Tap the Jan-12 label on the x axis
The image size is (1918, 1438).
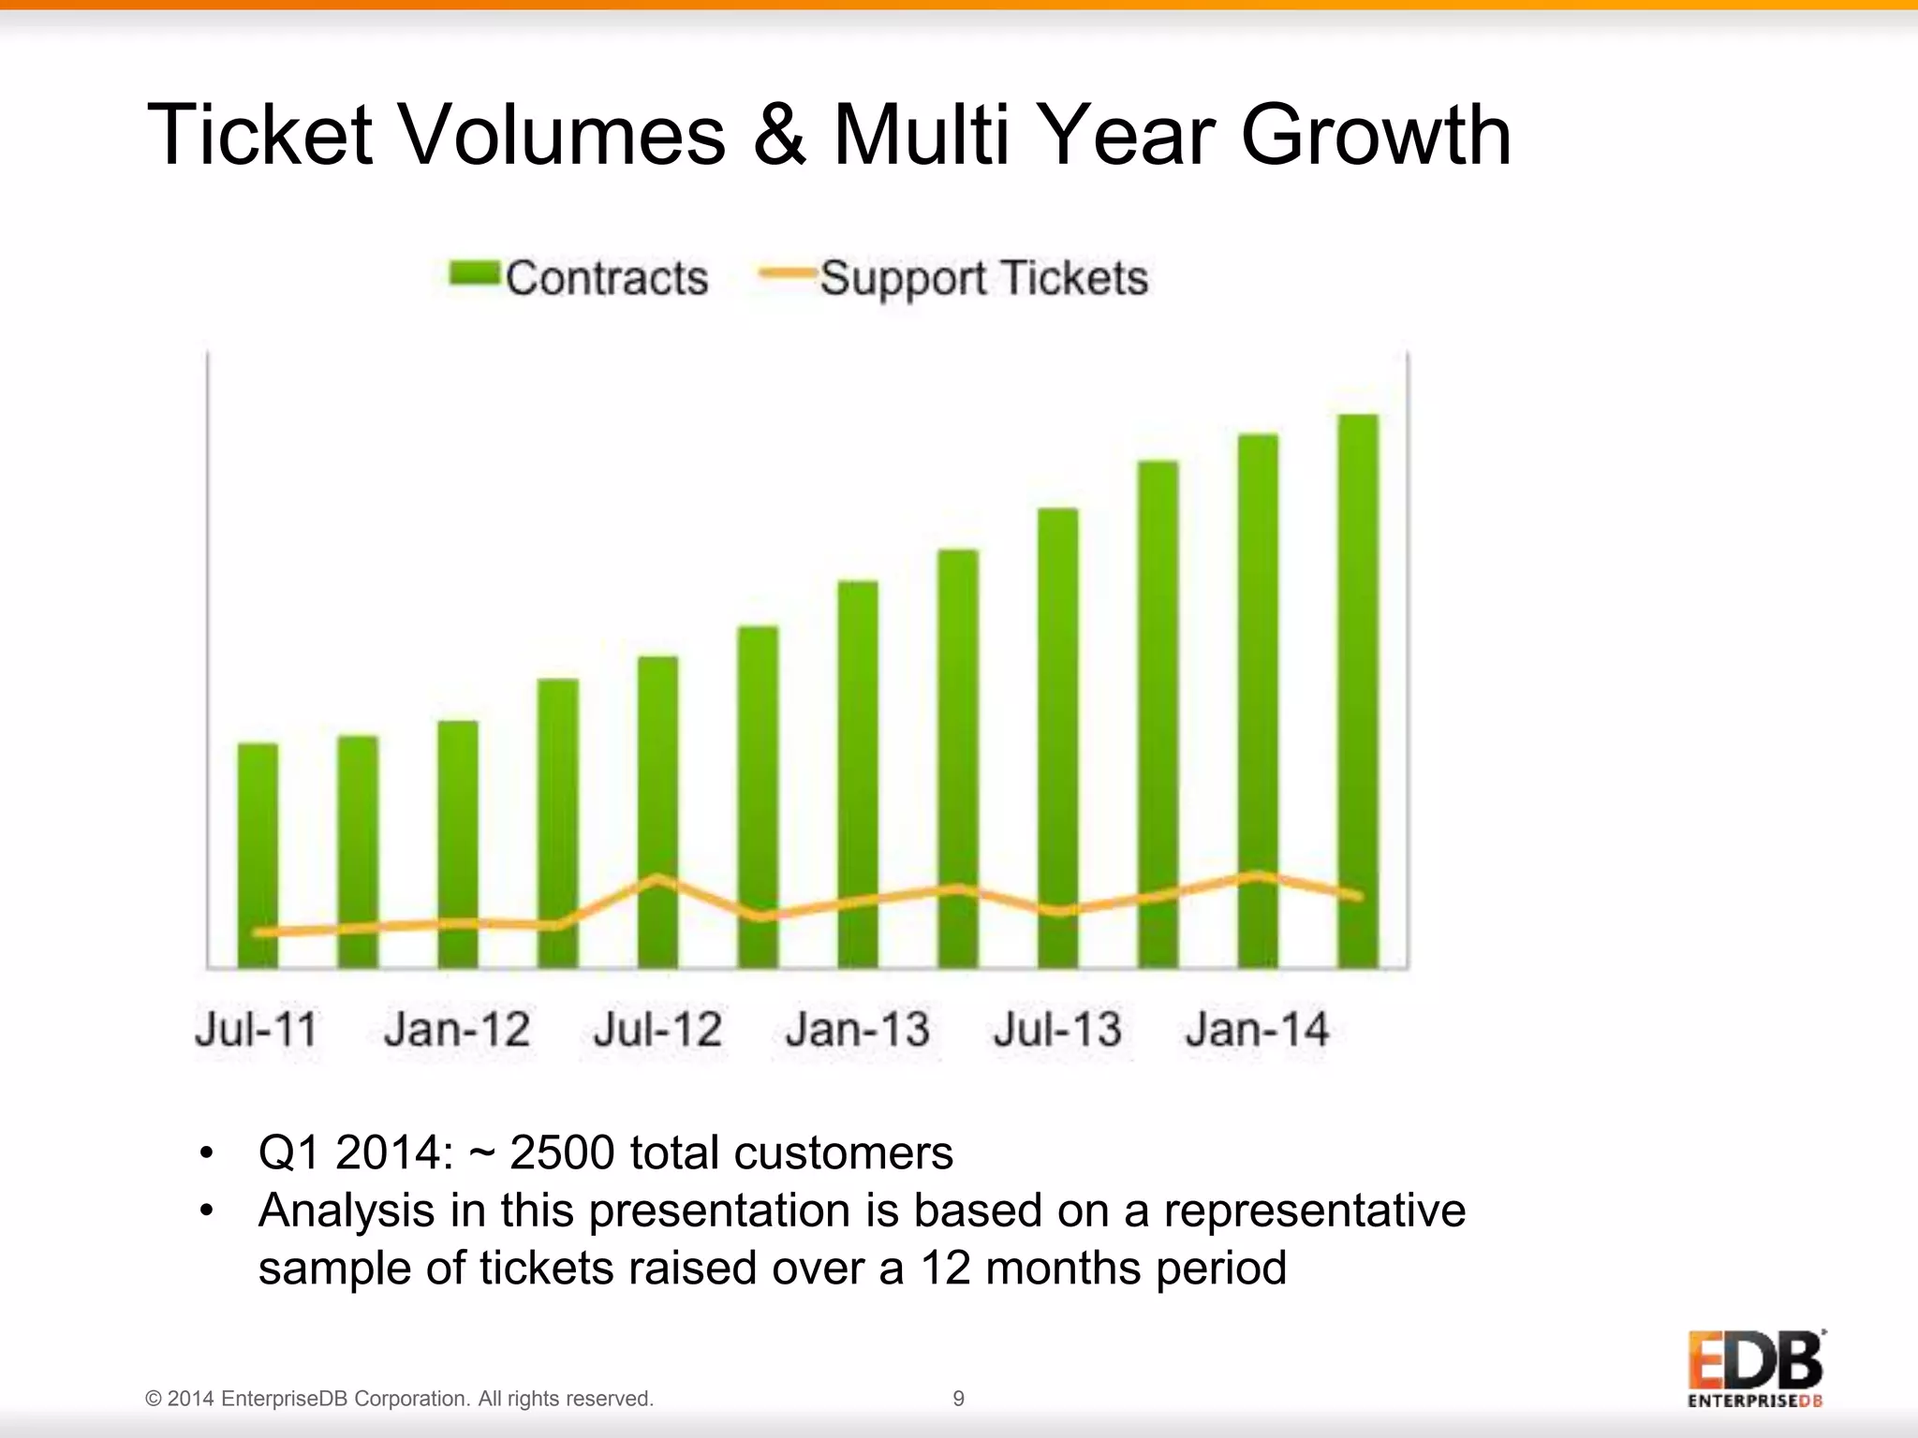[x=457, y=1030]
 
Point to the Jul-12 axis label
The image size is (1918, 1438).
[x=657, y=1030]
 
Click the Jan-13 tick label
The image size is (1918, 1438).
[x=858, y=1030]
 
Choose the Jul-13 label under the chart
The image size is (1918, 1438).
[x=1057, y=1030]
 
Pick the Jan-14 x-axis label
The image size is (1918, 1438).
[x=1257, y=1030]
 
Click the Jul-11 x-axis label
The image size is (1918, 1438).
[x=257, y=1030]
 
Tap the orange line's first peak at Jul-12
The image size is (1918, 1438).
[x=657, y=878]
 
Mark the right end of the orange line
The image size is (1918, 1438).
[x=1358, y=896]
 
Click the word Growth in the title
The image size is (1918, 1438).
[x=1376, y=136]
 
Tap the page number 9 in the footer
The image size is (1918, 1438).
[x=958, y=1399]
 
